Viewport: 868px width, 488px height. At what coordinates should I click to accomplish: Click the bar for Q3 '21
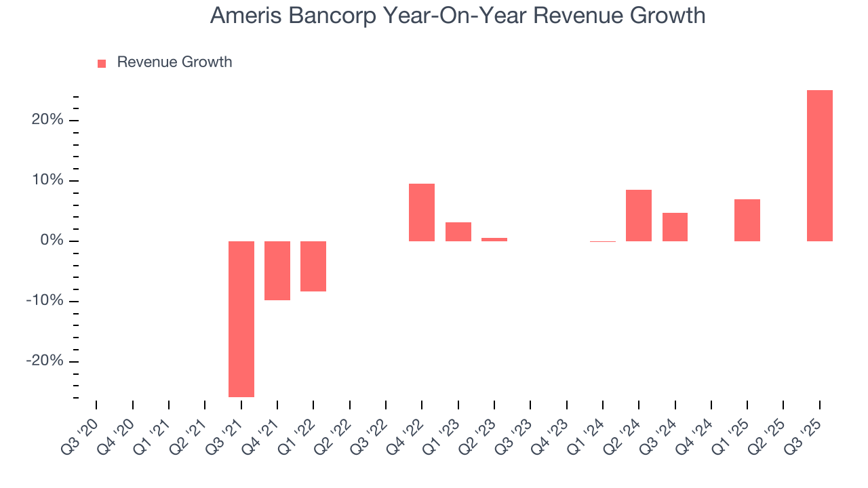[241, 319]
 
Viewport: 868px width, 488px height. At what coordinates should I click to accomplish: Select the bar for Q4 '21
[277, 270]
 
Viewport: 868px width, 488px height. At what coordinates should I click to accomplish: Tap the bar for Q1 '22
[313, 266]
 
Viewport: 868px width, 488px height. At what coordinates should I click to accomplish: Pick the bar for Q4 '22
[422, 212]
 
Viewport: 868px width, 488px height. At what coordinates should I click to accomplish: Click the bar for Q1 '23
[458, 232]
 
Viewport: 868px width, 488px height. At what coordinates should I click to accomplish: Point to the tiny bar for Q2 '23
[494, 239]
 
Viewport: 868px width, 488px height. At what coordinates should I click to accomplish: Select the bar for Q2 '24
[639, 216]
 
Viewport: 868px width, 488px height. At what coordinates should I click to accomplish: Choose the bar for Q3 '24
[675, 227]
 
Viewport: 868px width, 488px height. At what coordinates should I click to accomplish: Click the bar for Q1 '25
[747, 220]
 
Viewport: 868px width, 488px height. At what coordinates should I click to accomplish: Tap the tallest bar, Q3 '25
[820, 165]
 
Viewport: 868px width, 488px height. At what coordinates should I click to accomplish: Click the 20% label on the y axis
[47, 120]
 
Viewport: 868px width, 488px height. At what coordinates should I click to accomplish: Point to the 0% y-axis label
[52, 241]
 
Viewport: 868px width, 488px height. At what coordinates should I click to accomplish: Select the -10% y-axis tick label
[45, 301]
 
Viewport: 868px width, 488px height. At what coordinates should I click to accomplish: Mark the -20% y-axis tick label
[45, 361]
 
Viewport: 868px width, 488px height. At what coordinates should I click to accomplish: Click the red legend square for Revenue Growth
[102, 64]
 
